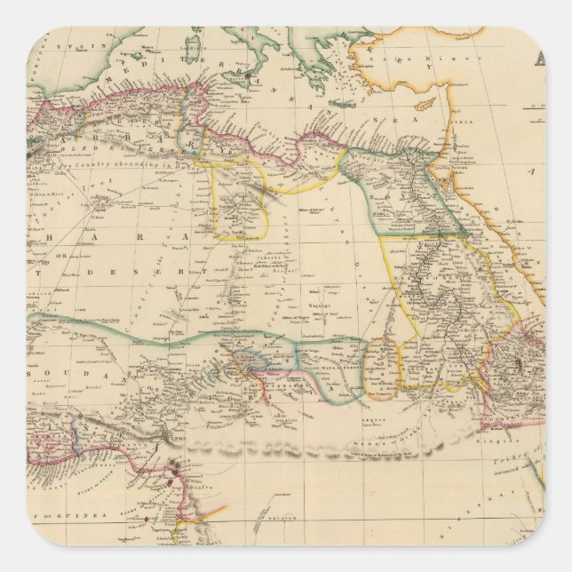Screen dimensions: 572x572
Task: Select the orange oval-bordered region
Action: coord(382,364)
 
